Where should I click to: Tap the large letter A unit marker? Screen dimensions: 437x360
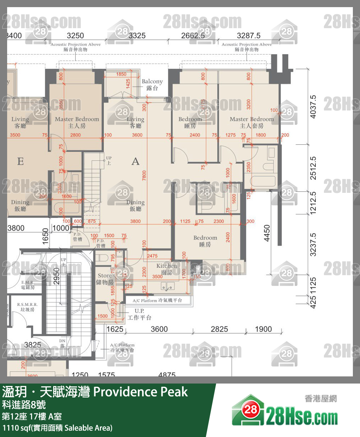pos(136,161)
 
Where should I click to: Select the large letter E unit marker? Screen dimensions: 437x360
pos(21,161)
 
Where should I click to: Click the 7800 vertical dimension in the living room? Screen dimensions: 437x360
pos(144,175)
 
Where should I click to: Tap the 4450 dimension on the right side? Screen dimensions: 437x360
pos(267,233)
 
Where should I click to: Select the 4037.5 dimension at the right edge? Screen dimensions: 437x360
pos(313,107)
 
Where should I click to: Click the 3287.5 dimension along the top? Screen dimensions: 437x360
pos(249,36)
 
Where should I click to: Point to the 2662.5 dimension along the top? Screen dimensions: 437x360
pos(193,36)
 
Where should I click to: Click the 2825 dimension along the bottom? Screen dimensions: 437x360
pos(219,329)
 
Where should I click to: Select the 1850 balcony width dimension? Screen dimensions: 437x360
pos(121,74)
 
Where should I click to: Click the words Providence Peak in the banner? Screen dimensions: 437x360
pos(140,392)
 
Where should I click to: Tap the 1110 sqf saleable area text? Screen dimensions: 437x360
pos(57,428)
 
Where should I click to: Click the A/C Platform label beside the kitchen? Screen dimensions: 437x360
pos(157,300)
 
